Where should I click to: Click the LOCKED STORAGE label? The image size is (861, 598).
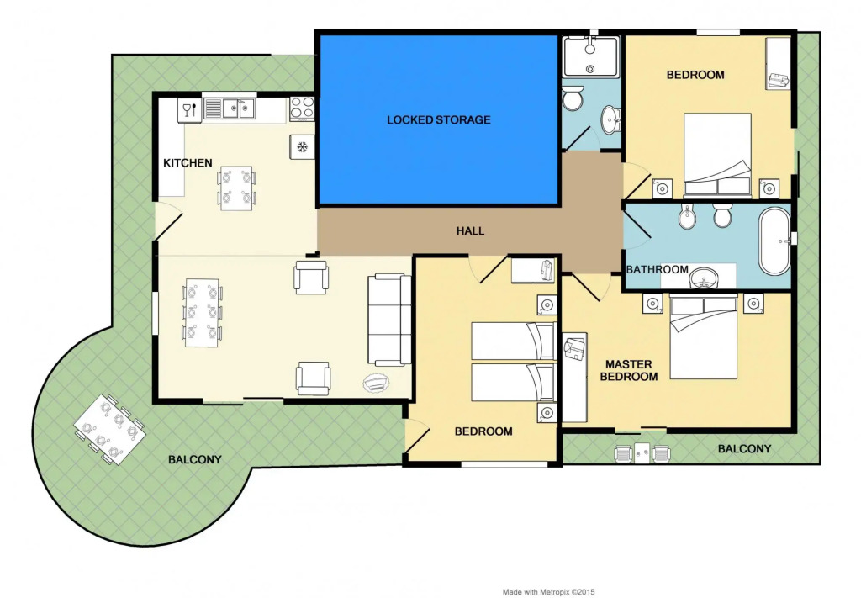click(439, 119)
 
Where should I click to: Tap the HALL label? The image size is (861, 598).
click(471, 230)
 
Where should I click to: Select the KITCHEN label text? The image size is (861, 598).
click(188, 162)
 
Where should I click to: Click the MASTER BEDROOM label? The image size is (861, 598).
click(629, 371)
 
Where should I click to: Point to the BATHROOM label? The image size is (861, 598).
click(658, 270)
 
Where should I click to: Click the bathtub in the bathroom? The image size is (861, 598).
click(774, 241)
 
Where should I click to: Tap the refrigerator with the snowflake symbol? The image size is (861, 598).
click(303, 147)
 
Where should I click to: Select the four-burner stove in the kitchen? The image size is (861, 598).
click(302, 108)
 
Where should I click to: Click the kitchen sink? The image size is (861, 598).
click(230, 108)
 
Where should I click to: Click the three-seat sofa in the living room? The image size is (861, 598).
click(389, 320)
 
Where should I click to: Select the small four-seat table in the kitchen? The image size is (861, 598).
click(236, 188)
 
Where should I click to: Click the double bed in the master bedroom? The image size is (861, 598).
click(704, 336)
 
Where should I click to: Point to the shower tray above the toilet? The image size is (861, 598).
click(591, 56)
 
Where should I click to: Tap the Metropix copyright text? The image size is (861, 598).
click(548, 592)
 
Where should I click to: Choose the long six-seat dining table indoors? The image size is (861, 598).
click(202, 313)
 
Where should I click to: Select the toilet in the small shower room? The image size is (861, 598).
click(573, 99)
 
